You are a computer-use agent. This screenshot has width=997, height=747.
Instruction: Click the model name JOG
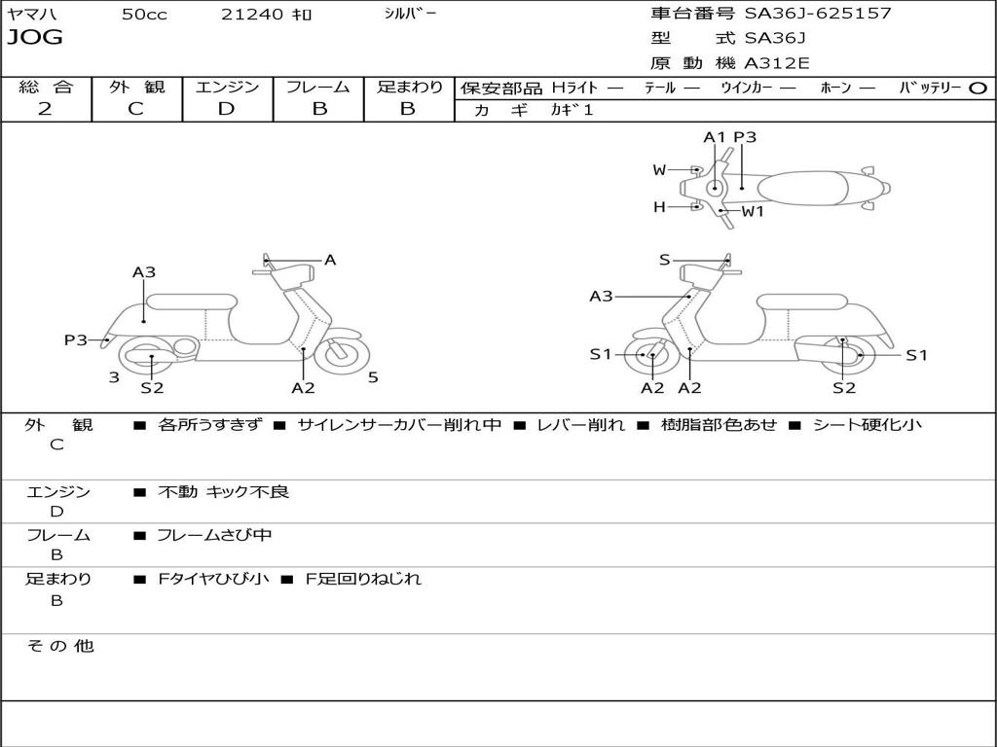[x=35, y=39]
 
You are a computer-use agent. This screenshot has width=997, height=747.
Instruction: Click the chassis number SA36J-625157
[x=818, y=14]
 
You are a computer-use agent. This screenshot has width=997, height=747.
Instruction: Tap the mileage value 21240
[x=251, y=15]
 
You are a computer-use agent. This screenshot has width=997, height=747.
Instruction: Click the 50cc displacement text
[x=144, y=15]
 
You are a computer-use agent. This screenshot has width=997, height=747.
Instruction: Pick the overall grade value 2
[x=45, y=109]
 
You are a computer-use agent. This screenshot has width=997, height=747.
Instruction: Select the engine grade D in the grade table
[x=227, y=109]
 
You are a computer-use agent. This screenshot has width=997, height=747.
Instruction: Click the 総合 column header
[x=46, y=87]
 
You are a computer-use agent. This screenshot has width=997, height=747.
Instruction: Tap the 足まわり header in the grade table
[x=409, y=87]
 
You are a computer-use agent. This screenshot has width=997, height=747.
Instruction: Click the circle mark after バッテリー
[x=978, y=88]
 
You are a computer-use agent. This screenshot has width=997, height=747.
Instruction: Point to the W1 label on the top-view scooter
[x=753, y=211]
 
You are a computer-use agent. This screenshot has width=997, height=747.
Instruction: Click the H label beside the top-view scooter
[x=659, y=206]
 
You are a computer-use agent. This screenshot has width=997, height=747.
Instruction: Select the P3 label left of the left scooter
[x=76, y=339]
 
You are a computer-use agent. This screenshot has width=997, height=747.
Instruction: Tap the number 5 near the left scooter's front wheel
[x=373, y=377]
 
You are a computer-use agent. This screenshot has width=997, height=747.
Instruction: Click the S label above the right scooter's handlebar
[x=664, y=260]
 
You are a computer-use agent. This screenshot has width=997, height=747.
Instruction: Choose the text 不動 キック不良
[x=223, y=492]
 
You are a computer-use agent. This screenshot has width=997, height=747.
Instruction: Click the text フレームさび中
[x=214, y=535]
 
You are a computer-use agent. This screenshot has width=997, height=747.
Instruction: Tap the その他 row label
[x=60, y=646]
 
